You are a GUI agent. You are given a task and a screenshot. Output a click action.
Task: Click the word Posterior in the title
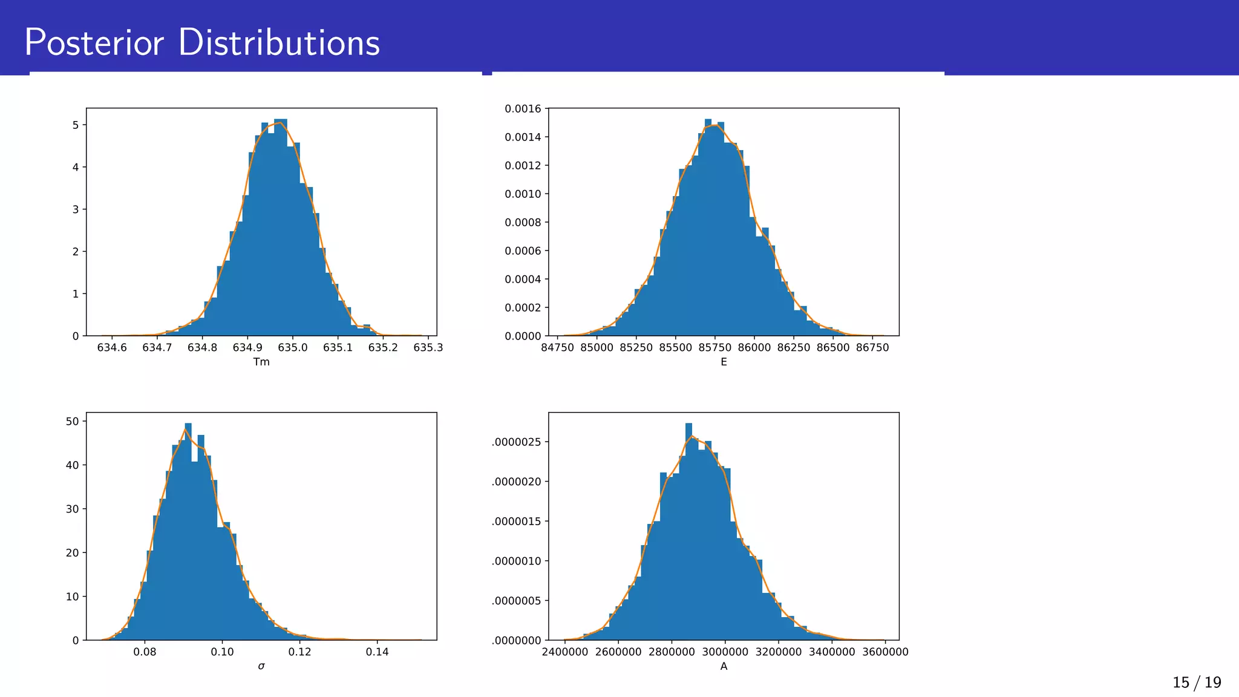point(94,44)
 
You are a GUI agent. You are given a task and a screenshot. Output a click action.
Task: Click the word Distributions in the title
point(279,44)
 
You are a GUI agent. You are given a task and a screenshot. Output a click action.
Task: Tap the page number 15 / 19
point(1197,683)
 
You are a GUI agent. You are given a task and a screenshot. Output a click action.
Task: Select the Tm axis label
point(261,362)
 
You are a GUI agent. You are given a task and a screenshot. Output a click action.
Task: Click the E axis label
point(724,362)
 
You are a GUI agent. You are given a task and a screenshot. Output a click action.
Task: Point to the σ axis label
point(261,667)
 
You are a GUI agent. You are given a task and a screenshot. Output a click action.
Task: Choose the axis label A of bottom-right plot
point(724,667)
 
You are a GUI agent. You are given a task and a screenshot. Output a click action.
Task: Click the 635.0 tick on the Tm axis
point(293,348)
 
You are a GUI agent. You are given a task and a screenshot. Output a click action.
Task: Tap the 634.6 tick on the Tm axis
point(112,348)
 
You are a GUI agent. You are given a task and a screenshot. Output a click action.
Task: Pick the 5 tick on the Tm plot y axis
point(76,125)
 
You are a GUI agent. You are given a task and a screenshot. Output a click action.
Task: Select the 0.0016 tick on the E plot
point(523,109)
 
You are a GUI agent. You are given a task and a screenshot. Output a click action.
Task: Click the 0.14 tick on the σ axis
point(378,652)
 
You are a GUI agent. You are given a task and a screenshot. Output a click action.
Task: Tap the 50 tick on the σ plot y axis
point(73,421)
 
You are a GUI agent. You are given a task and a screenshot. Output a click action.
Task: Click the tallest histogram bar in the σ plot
point(188,532)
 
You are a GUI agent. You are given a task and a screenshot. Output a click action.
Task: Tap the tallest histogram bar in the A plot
point(688,532)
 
